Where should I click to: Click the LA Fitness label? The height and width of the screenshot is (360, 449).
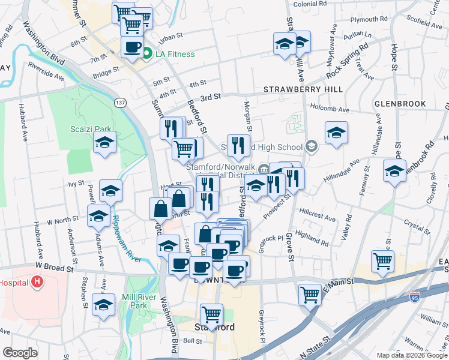(x=175, y=55)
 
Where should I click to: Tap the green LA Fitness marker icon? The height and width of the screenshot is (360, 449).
(x=146, y=55)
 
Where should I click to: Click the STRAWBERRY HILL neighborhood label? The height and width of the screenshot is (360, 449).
(x=303, y=89)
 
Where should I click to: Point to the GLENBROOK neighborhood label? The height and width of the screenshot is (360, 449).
(x=400, y=104)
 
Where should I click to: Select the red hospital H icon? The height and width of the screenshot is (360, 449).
(x=37, y=281)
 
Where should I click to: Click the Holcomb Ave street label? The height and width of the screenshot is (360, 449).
(x=330, y=110)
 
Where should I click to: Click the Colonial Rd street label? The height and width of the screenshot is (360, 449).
(x=310, y=4)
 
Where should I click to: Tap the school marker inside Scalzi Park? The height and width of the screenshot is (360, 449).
(x=105, y=143)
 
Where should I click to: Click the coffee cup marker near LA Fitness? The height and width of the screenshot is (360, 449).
(x=132, y=47)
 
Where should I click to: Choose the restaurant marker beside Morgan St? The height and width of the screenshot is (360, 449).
(x=238, y=145)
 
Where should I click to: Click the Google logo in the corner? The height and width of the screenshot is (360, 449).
(x=20, y=353)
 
